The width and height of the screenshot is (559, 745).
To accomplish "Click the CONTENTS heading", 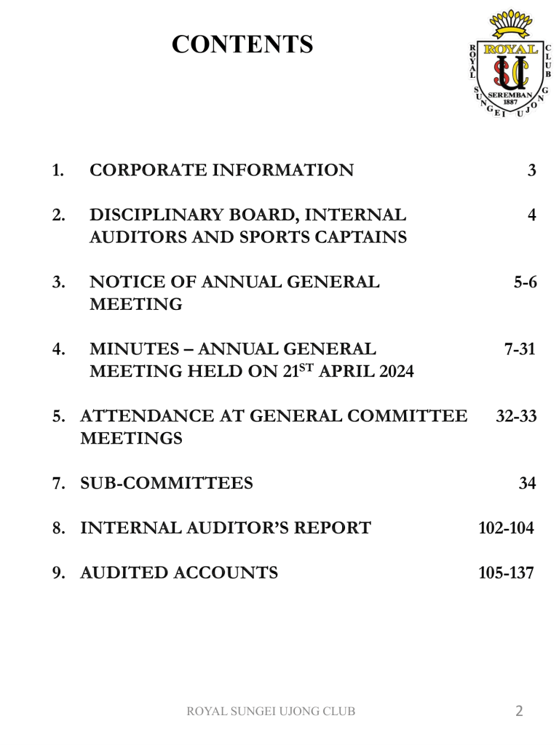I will click(x=242, y=44).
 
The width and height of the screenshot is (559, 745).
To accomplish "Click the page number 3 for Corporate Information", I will click(x=532, y=171).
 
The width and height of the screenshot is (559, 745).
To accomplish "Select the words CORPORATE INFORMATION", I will click(x=221, y=171).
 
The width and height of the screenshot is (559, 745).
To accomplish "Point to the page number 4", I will click(x=532, y=215).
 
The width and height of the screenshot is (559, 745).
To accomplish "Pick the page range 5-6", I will click(x=525, y=282).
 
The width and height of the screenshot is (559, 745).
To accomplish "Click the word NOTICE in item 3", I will click(x=121, y=282).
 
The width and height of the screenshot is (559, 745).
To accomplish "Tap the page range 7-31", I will click(x=520, y=349).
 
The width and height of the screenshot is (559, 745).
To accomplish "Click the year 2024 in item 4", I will click(x=390, y=372).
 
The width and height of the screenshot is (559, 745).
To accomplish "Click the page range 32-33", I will click(x=516, y=416).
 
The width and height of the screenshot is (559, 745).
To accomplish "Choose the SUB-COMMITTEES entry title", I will click(x=166, y=483).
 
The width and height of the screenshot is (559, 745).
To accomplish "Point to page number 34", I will click(x=528, y=483).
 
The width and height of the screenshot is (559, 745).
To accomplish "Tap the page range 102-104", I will click(x=506, y=528).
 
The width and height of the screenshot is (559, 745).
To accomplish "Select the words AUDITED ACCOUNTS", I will click(x=178, y=573).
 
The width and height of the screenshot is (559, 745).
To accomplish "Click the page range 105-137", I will click(x=506, y=573).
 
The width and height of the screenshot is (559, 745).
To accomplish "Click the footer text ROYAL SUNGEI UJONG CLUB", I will click(x=271, y=712).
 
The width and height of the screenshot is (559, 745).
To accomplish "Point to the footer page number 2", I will click(x=519, y=711).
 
